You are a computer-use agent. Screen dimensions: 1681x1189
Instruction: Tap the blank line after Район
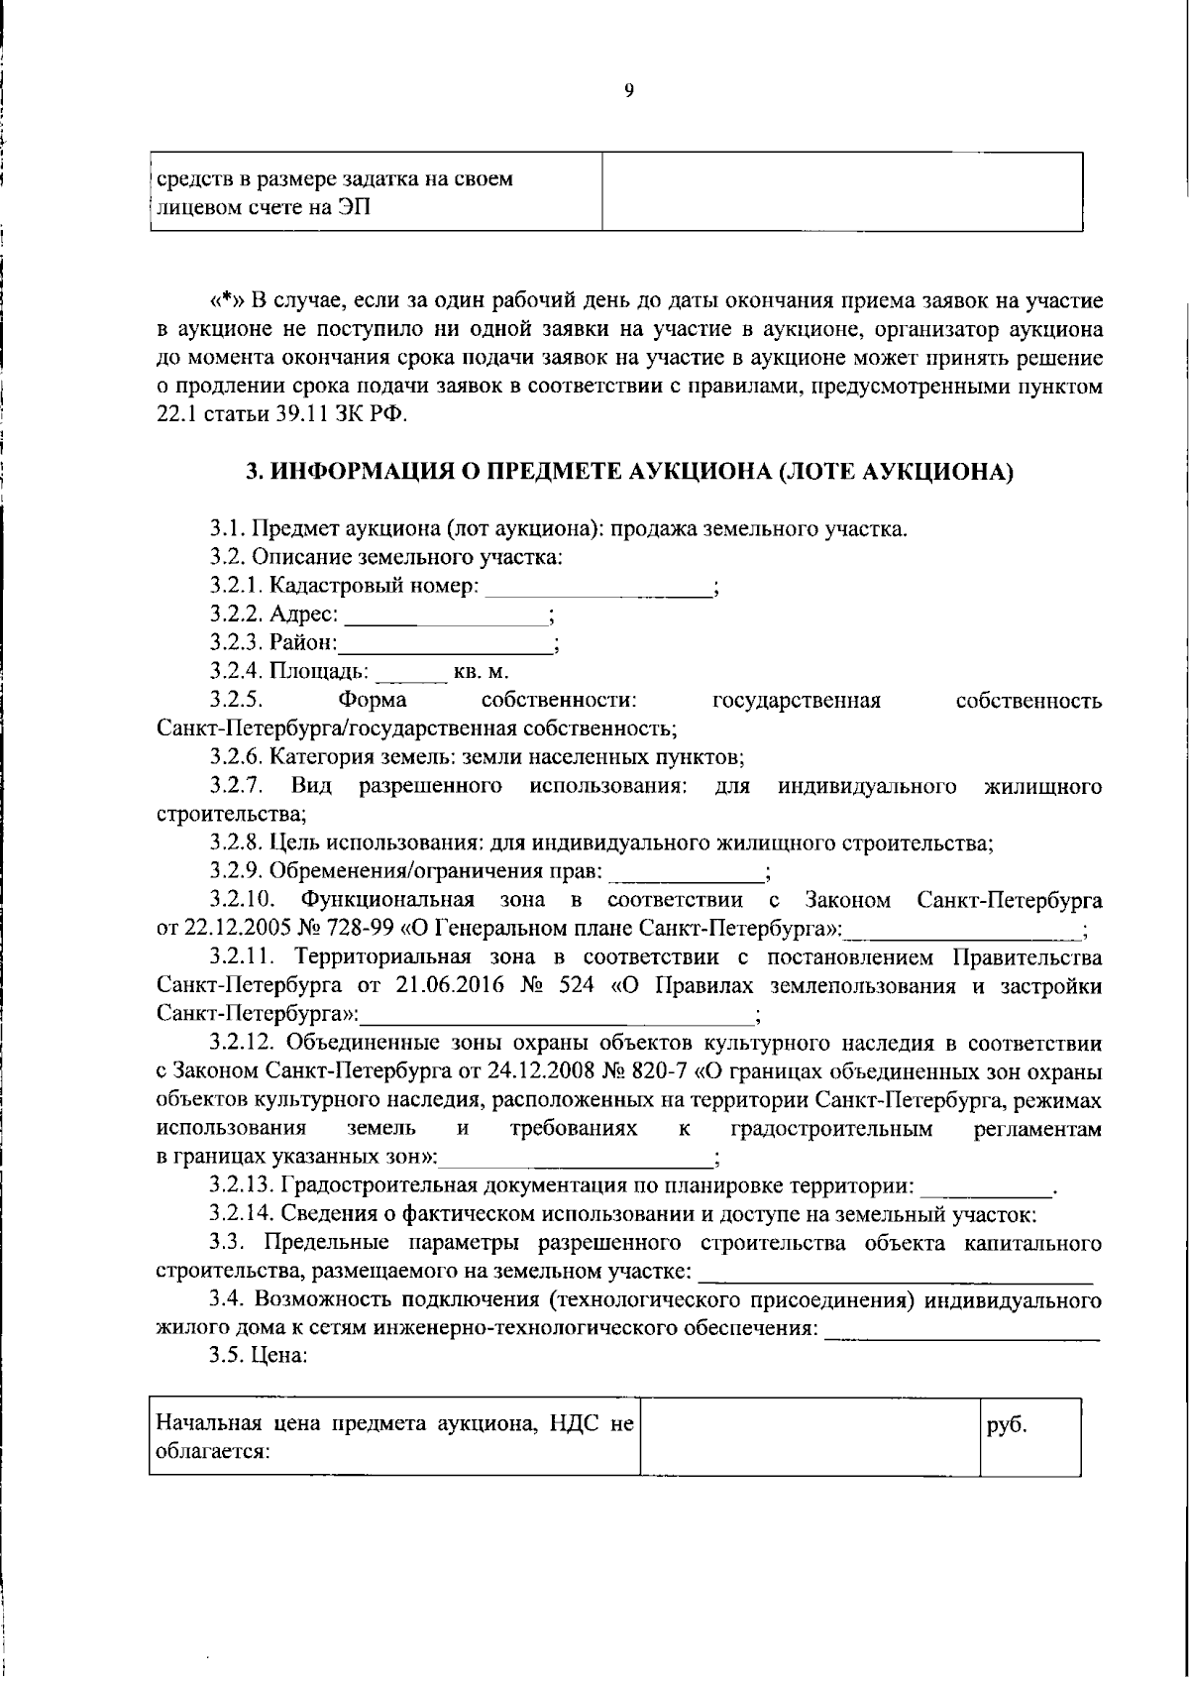(446, 645)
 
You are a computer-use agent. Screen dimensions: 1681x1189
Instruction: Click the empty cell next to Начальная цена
(810, 1437)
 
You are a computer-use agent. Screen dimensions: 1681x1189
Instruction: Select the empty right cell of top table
(842, 192)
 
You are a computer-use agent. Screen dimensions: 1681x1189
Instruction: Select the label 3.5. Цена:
(259, 1357)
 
